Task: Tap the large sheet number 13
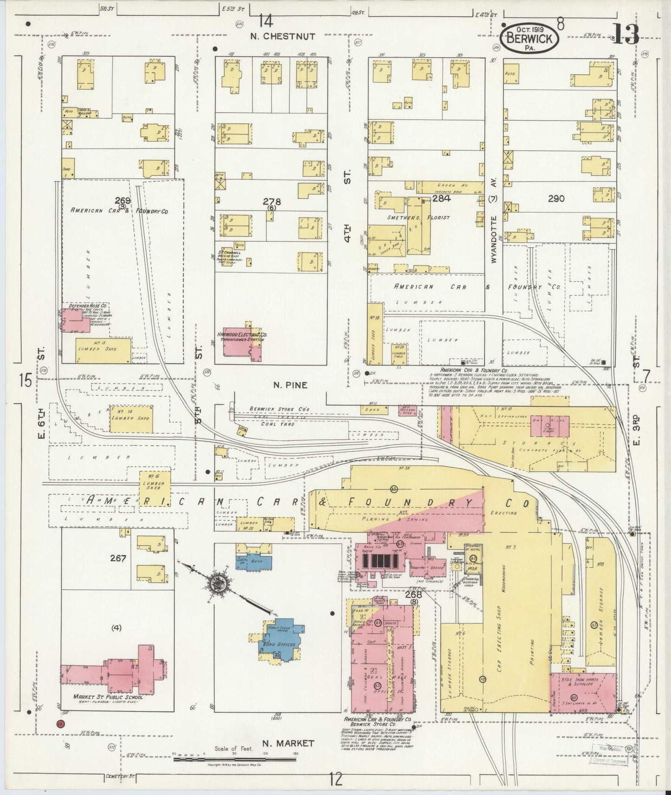[x=625, y=33]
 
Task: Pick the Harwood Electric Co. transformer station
[x=241, y=346]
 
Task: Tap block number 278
[x=272, y=202]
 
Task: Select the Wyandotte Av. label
[x=495, y=231]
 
